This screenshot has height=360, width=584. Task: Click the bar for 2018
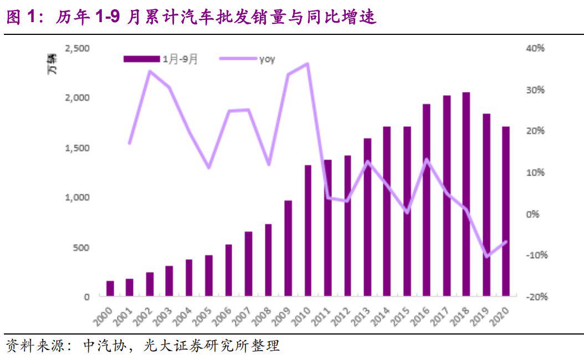[467, 194]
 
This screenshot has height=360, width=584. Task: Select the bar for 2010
[308, 230]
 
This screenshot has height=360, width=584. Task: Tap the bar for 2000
[110, 289]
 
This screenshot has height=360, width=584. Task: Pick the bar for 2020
[506, 211]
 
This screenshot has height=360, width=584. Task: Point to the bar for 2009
[288, 248]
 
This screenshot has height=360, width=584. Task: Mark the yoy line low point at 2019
[486, 256]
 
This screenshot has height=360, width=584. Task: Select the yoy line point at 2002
[150, 71]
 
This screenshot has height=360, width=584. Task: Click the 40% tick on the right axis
[535, 49]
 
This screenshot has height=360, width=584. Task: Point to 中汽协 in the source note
[100, 347]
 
